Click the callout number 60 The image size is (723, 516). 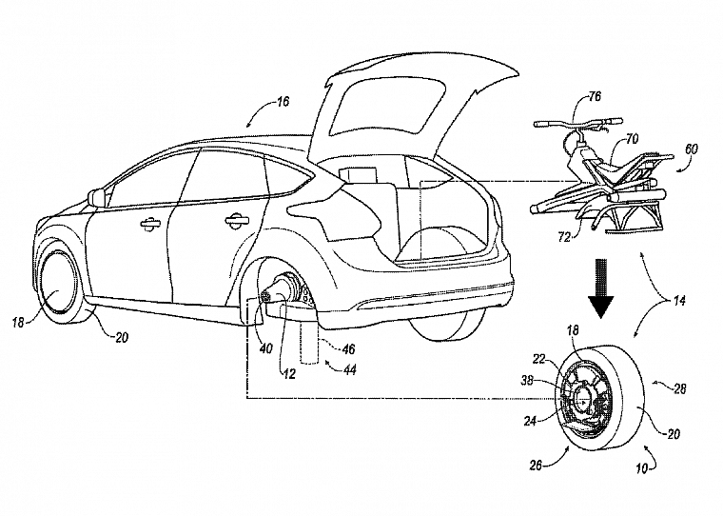click(692, 149)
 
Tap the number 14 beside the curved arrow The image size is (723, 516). click(679, 301)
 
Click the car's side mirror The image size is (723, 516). click(96, 196)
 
